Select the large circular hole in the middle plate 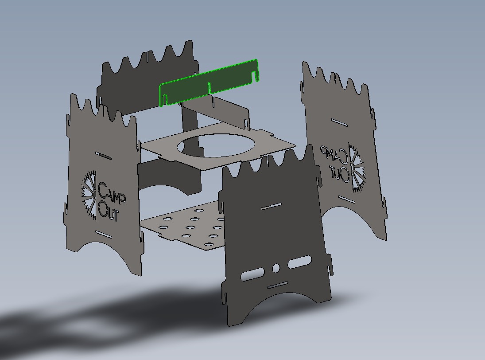point(216,145)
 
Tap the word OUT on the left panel point(108,211)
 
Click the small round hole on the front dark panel point(275,268)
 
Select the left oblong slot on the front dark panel point(252,274)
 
